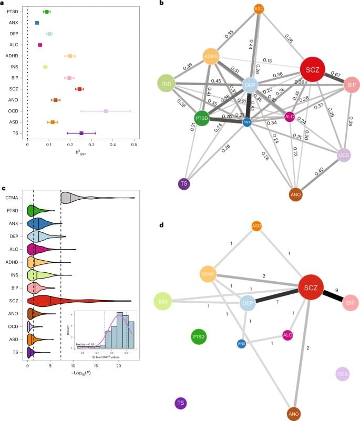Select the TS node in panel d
(181, 403)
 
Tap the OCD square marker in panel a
(106, 111)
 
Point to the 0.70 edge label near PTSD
(227, 117)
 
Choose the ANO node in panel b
(296, 195)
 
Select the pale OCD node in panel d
(342, 374)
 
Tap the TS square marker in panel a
(81, 134)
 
